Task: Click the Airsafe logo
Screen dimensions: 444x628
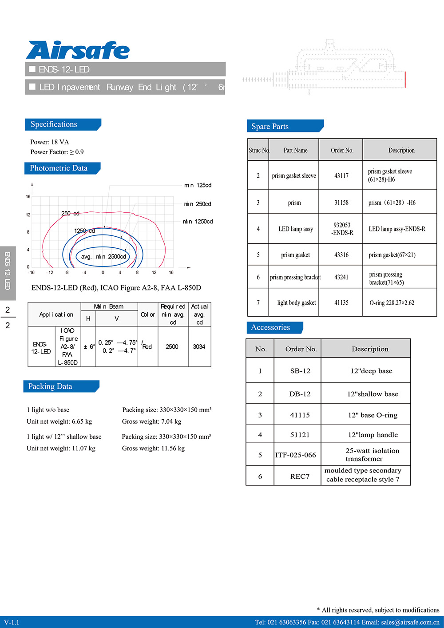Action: [x=78, y=50]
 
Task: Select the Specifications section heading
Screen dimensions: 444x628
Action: [x=54, y=124]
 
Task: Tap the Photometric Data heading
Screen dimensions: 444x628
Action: [x=59, y=168]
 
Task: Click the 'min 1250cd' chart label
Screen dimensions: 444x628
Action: [x=198, y=222]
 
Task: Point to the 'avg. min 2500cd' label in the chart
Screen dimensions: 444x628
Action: [x=103, y=257]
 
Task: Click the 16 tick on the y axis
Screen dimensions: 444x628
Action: [x=28, y=196]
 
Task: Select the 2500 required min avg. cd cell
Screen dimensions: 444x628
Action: [x=172, y=347]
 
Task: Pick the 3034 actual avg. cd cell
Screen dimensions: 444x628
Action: [x=199, y=347]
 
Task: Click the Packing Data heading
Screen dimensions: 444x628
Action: [x=50, y=386]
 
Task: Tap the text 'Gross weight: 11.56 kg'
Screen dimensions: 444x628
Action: [x=153, y=449]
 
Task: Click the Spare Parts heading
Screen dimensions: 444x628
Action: [x=270, y=127]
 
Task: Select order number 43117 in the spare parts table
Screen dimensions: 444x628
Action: [x=341, y=176]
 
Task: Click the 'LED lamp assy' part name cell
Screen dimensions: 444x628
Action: [x=296, y=229]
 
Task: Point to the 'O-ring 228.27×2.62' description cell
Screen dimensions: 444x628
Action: [x=392, y=303]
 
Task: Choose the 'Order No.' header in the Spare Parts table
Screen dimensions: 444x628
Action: [x=342, y=151]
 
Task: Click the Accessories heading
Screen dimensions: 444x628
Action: [x=270, y=328]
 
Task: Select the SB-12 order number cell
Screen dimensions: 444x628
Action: [x=300, y=371]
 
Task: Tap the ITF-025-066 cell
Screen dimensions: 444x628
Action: [x=296, y=455]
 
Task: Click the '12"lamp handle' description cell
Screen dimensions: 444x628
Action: [x=373, y=435]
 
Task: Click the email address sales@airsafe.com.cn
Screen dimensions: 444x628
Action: [x=410, y=622]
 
